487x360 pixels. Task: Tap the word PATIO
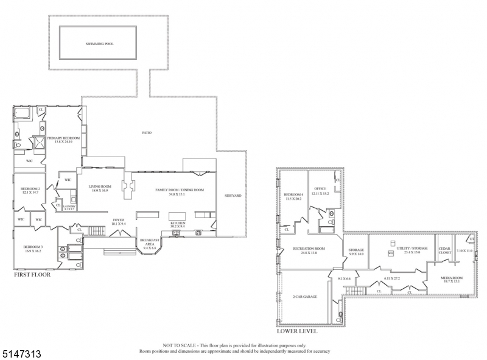click(147, 132)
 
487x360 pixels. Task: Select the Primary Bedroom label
click(64, 139)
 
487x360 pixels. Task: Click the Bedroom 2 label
click(30, 191)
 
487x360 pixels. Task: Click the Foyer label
click(118, 222)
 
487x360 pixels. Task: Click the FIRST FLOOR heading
click(32, 275)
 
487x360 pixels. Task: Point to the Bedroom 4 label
click(294, 196)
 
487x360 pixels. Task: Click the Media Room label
click(452, 279)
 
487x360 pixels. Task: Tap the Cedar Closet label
click(444, 252)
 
